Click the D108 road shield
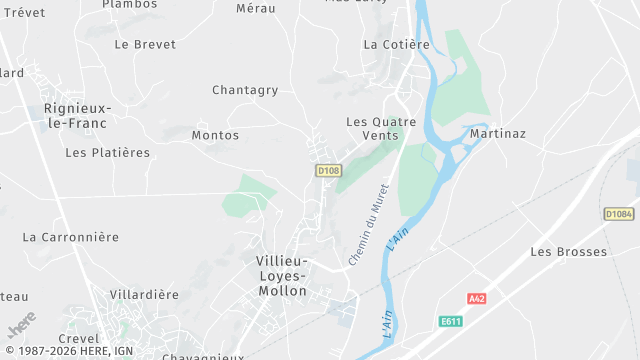point(328,171)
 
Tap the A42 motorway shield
point(476,299)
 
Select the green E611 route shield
point(452,321)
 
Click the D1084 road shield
point(619,214)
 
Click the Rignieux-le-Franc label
point(77,115)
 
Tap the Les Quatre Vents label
point(372,128)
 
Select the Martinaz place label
point(497,133)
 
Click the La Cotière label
point(396,44)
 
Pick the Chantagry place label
point(245,90)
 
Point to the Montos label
point(215,135)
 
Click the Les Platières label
point(107,153)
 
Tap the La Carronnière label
point(70,237)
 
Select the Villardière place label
point(144,295)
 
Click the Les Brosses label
point(568,252)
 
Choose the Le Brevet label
point(145,44)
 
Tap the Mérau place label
point(255,8)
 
